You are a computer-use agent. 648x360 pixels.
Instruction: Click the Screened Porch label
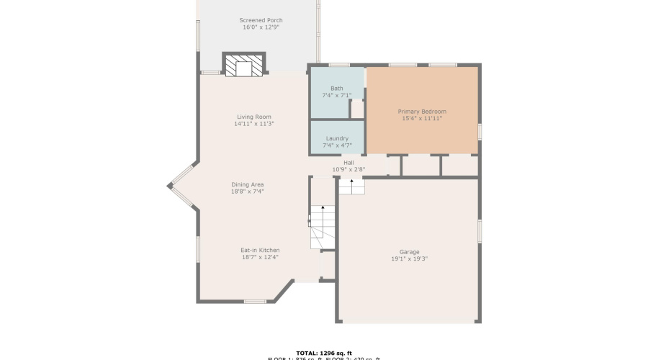click(261, 20)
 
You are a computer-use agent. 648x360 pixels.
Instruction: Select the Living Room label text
click(253, 117)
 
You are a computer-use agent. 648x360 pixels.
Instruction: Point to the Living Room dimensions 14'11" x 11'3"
click(253, 124)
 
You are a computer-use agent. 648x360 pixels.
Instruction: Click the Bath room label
click(336, 88)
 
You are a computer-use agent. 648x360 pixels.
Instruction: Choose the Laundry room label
click(336, 138)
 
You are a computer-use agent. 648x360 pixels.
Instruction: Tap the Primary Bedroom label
click(422, 112)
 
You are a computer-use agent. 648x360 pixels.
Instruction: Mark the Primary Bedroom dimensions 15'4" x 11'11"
click(422, 119)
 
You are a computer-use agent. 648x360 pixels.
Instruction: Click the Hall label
click(348, 163)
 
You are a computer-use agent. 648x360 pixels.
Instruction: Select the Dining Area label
click(247, 184)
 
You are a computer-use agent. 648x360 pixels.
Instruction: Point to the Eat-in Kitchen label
click(260, 250)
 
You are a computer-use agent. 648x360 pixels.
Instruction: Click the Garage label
click(409, 251)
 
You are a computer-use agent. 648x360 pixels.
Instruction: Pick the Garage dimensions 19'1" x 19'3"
click(409, 258)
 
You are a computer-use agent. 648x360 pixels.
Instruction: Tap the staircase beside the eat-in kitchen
click(323, 227)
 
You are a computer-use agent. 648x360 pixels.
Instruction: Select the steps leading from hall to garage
click(351, 186)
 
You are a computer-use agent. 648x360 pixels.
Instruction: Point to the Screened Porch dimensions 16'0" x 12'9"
click(261, 27)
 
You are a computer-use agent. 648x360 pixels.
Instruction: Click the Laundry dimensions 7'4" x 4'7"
click(336, 145)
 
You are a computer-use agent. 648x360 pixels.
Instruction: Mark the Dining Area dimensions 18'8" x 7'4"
click(247, 192)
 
